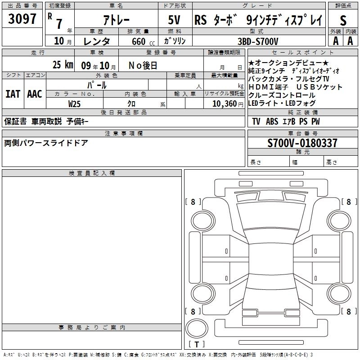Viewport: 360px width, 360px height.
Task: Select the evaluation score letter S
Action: pos(343,19)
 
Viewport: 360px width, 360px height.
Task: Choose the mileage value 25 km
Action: pos(63,65)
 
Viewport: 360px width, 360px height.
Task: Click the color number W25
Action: pos(75,103)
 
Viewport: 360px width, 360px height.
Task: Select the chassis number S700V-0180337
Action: pos(302,143)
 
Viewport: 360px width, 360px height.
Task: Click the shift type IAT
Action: pos(13,94)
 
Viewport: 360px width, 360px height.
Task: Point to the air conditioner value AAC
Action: pos(34,94)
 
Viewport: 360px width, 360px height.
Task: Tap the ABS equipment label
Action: pos(272,121)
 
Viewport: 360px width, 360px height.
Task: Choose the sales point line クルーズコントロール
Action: pos(282,95)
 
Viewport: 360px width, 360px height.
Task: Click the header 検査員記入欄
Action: pos(92,173)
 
